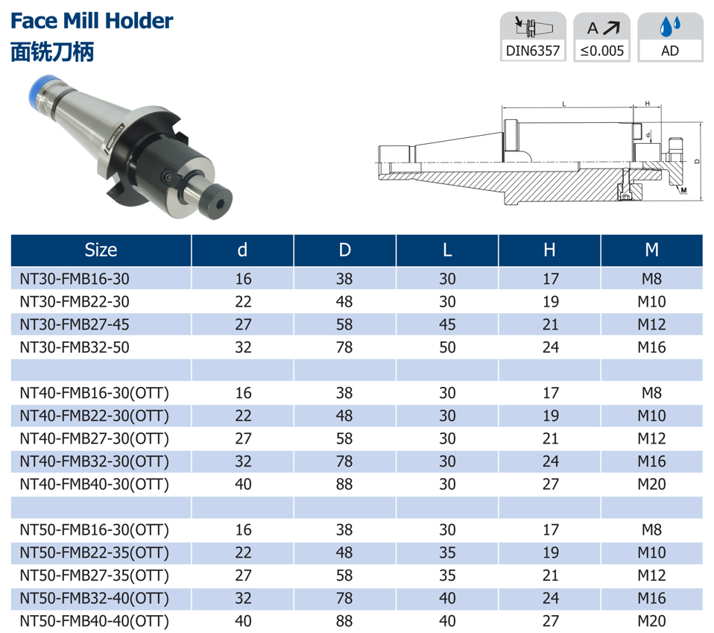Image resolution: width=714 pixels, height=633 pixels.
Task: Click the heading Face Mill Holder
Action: click(x=92, y=21)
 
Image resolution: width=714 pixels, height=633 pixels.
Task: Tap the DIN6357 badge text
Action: click(x=533, y=51)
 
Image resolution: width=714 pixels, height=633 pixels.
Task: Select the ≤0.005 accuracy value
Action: click(x=602, y=51)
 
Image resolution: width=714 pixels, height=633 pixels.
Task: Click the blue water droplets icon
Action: click(x=670, y=27)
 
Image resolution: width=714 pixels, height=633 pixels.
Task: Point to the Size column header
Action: click(x=101, y=250)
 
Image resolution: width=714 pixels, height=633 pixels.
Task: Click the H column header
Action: click(x=549, y=250)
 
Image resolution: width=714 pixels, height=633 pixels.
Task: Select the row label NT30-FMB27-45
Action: click(x=75, y=324)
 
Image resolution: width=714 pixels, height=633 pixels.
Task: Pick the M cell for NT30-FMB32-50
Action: click(x=651, y=347)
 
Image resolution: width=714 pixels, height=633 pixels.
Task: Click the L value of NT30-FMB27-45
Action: click(x=448, y=324)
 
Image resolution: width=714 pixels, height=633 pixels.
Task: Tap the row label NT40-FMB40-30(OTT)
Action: click(x=94, y=484)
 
